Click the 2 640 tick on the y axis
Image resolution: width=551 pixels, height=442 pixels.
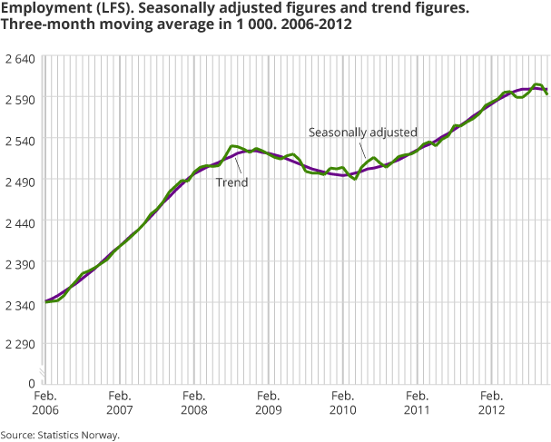20,58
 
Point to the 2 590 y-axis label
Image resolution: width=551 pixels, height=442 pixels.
20,98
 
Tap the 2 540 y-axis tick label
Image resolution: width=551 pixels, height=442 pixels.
20,140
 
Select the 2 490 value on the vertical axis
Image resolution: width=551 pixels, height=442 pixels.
20,181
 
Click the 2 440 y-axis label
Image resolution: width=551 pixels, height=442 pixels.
20,221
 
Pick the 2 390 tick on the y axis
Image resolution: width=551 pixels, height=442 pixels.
20,262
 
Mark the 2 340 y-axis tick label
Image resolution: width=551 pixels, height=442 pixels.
20,302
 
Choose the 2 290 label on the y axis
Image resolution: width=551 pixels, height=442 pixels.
20,344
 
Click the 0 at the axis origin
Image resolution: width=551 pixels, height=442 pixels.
31,384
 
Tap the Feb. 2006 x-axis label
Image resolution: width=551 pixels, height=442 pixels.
45,403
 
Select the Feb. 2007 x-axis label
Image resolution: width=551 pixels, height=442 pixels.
120,403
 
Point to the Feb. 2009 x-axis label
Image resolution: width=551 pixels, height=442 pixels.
269,403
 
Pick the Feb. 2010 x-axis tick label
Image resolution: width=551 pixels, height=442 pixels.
343,403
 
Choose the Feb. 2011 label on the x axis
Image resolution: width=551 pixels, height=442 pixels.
418,403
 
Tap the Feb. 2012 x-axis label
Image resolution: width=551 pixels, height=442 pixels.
492,403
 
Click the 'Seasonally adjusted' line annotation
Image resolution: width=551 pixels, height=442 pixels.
362,132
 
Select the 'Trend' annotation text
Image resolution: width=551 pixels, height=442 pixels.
231,182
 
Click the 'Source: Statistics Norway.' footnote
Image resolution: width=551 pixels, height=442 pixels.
60,434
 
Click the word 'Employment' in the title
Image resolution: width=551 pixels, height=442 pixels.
42,8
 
